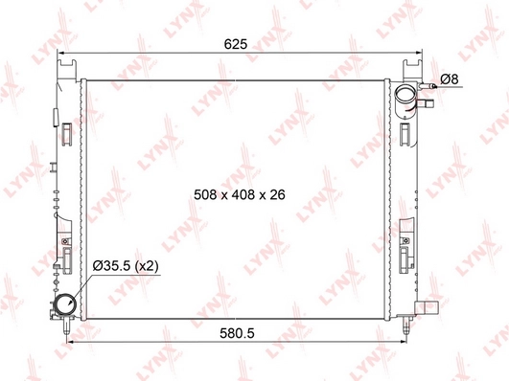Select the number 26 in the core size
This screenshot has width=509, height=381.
click(279, 192)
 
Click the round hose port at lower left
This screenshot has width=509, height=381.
click(65, 306)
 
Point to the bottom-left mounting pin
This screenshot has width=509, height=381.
click(65, 327)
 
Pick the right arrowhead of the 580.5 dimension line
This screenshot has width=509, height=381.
click(403, 341)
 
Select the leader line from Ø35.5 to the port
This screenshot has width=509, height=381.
click(83, 282)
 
